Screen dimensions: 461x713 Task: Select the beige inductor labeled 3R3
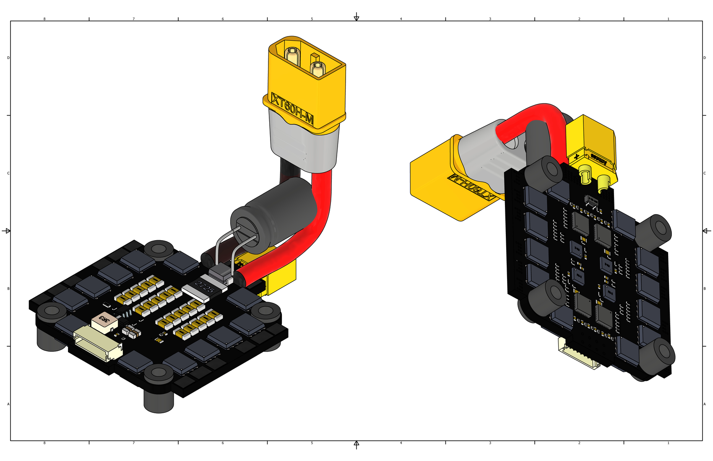103,320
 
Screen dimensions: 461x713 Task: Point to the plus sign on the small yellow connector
577,156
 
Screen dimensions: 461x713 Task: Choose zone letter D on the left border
8,58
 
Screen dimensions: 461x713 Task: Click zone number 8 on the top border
44,19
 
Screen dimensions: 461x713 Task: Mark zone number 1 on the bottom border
668,443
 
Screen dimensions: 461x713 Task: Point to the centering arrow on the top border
356,17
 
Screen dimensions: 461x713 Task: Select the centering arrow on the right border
706,231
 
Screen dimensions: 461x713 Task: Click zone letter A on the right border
705,404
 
